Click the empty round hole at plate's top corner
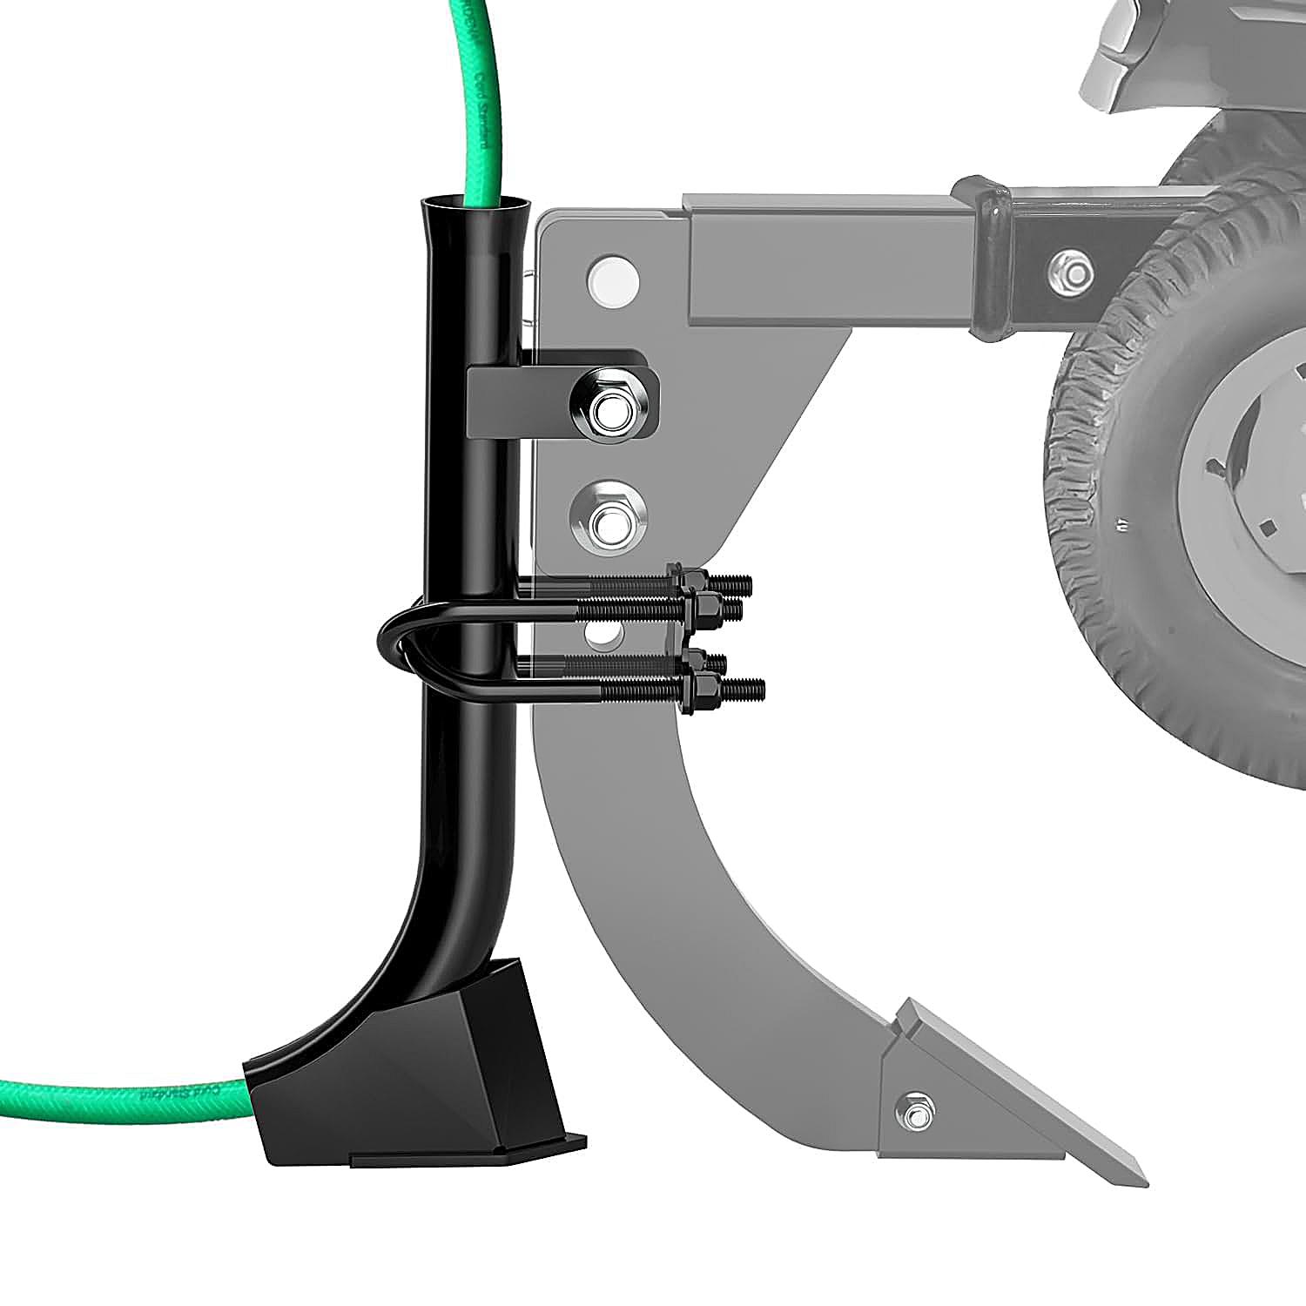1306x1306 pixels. click(613, 278)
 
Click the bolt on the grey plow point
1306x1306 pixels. click(914, 1115)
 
